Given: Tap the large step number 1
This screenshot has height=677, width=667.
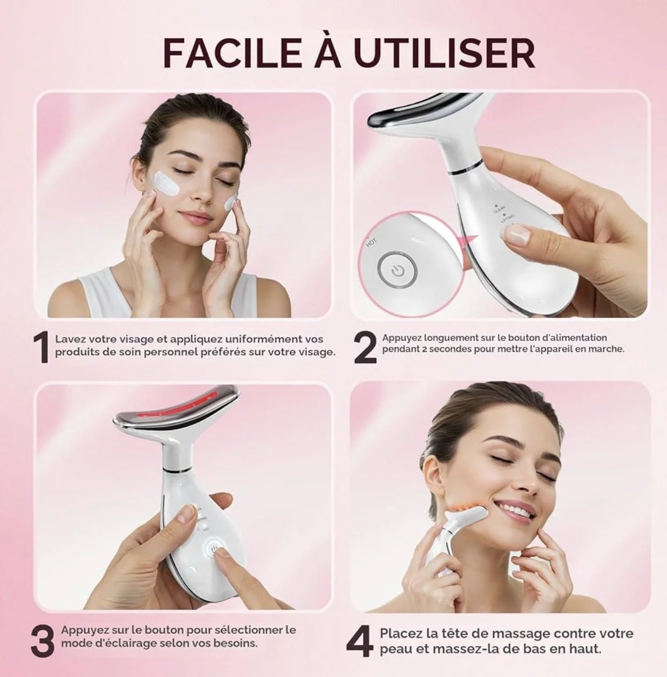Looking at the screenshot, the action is click(x=41, y=349).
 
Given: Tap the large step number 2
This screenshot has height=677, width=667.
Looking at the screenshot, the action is click(x=365, y=348).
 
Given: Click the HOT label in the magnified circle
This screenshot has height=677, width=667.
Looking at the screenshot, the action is click(x=371, y=242).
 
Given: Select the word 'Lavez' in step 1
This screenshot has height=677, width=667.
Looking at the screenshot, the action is click(x=70, y=339).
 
